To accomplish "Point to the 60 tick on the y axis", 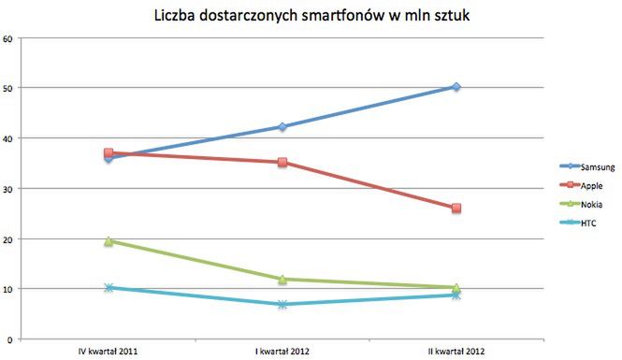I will (x=7, y=38).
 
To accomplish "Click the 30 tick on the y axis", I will (x=7, y=189).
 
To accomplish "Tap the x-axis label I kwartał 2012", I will (x=282, y=352).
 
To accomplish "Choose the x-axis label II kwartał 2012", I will (x=456, y=352).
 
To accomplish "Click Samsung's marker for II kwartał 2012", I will (x=456, y=87).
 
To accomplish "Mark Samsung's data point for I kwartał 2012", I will (x=282, y=127).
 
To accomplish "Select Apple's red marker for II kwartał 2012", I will (x=456, y=209).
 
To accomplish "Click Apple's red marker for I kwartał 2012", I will (x=282, y=163).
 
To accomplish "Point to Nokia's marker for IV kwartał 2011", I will (x=108, y=241).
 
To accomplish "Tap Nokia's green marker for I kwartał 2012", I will (x=282, y=279).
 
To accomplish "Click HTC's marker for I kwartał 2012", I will (x=282, y=305).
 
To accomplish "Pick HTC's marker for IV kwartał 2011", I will (x=108, y=288).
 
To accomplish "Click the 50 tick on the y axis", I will (x=7, y=89).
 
